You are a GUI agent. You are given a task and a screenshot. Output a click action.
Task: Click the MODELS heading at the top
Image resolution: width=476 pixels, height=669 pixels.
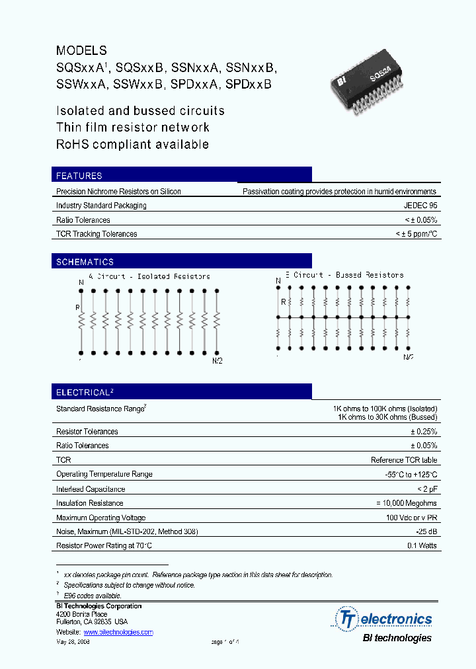pos(81,50)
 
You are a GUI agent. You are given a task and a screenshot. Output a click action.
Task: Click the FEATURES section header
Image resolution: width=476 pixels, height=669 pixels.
pos(79,176)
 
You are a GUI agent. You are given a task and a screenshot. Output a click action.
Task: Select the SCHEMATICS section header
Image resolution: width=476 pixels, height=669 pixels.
pos(85,262)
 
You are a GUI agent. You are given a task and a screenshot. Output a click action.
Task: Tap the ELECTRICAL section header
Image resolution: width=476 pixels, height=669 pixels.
pos(85,392)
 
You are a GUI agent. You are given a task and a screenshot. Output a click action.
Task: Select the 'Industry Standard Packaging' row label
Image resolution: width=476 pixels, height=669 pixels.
pos(101,206)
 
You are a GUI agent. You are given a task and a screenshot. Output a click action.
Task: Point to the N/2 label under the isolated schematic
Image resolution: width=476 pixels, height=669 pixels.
pos(217,361)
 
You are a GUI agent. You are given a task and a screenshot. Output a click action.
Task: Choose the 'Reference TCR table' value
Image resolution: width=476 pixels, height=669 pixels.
pos(404,460)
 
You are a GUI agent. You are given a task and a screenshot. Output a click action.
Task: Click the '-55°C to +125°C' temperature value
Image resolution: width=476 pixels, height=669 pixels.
pos(411,475)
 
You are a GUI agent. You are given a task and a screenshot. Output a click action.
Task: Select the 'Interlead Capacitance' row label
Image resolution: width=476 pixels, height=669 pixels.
pos(91,489)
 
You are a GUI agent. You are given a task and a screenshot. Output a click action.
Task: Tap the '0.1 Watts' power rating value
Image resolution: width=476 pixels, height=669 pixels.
pos(422,546)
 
